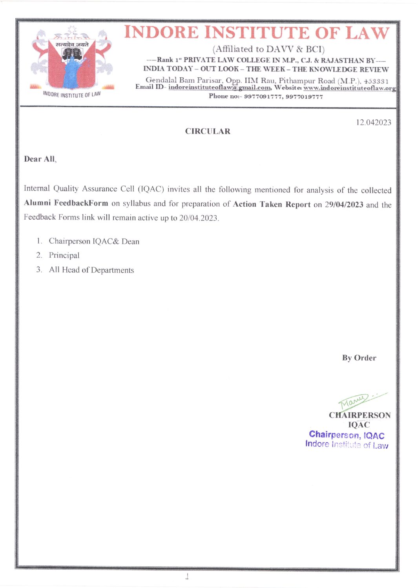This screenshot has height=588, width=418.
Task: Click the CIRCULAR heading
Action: [208, 131]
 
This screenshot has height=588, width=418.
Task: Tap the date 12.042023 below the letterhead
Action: [373, 122]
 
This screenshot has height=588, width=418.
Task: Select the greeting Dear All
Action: [40, 159]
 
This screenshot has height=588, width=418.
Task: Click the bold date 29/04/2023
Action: [344, 204]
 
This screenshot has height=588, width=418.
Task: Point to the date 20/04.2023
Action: [199, 218]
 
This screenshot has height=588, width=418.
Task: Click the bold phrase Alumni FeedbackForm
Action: [66, 203]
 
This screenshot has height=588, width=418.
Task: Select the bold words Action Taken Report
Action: [272, 204]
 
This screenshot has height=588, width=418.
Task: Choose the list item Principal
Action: [64, 255]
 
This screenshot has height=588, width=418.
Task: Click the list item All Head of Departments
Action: [91, 270]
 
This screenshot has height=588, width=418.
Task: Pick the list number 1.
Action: [39, 241]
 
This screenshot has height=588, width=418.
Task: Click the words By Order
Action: [359, 358]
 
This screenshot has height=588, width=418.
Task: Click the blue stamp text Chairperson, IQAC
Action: [347, 435]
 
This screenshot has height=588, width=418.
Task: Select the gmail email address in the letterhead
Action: [219, 87]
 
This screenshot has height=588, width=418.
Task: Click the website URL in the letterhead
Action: [349, 88]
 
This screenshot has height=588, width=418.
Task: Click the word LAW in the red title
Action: [368, 33]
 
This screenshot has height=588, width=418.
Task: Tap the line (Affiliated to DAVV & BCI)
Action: [268, 49]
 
